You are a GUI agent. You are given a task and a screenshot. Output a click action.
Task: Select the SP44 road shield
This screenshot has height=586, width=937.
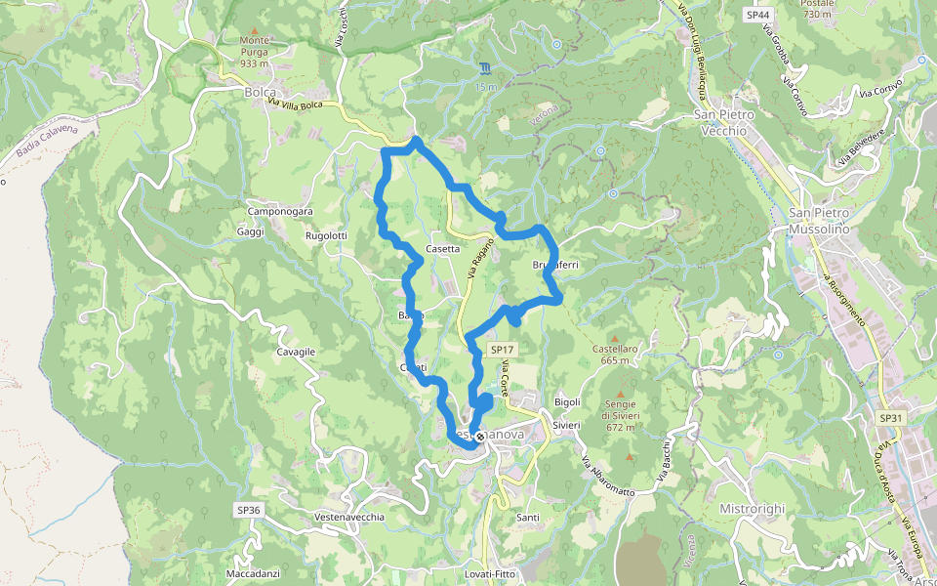756,15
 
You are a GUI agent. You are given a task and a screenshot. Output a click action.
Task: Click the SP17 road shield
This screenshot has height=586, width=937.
502,349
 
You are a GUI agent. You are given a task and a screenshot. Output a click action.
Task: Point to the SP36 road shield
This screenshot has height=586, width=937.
248,509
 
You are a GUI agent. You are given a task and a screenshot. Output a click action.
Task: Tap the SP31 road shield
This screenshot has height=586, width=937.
889,417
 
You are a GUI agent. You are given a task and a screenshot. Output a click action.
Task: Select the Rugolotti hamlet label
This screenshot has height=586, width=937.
326,235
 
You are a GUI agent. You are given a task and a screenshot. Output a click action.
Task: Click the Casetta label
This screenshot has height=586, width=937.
442,248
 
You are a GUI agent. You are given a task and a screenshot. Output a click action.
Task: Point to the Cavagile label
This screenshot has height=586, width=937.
296,351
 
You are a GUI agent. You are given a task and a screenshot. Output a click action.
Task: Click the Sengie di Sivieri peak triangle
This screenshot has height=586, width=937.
620,395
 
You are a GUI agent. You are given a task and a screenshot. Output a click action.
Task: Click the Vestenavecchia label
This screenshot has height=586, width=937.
349,516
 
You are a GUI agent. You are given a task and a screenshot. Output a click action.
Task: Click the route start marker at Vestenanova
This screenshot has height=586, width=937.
479,437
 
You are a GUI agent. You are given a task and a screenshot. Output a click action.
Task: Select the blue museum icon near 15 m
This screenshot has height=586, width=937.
485,68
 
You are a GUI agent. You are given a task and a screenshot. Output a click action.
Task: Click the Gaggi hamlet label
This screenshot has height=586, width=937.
251,231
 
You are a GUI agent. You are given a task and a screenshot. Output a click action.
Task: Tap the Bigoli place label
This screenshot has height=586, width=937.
567,401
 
